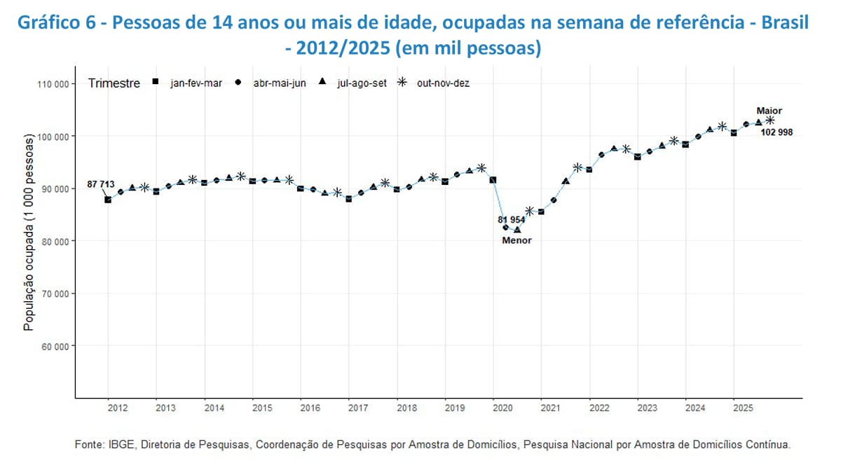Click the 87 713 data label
click(x=100, y=184)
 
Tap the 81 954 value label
click(x=512, y=219)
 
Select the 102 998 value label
click(x=777, y=132)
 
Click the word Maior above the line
click(x=769, y=111)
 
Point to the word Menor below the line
click(x=517, y=240)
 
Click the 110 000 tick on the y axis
click(x=53, y=84)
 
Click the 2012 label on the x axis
click(x=117, y=408)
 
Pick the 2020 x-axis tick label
click(x=502, y=408)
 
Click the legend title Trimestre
click(x=114, y=83)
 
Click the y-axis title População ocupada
click(x=29, y=233)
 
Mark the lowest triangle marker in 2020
click(x=517, y=230)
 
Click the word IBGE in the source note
click(x=118, y=444)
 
